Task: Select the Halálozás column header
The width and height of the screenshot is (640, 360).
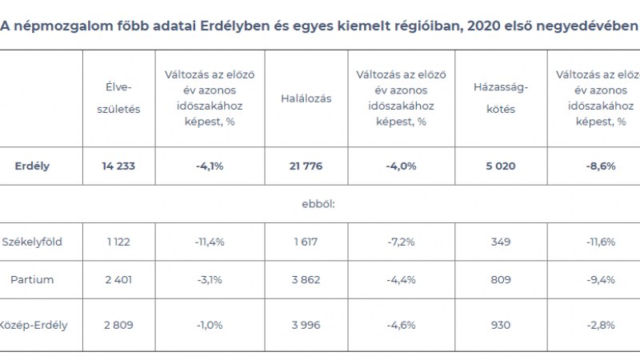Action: coord(306,98)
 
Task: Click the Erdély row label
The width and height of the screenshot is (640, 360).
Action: coord(32,166)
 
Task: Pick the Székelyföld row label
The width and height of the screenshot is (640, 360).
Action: coord(32,242)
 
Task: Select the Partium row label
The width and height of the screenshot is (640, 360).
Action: coord(32,280)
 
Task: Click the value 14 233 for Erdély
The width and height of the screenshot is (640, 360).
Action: coord(118,166)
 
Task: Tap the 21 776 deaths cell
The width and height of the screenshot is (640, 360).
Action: coord(306,166)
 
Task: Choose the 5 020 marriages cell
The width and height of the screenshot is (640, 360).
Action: coord(501,166)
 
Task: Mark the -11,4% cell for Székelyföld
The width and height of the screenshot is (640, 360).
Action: coord(210,242)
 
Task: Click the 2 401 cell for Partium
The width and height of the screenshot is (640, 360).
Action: coord(118,280)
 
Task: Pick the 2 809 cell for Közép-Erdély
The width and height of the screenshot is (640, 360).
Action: coord(118,325)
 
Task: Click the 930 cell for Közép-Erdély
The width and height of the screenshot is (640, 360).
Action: coord(501,325)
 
